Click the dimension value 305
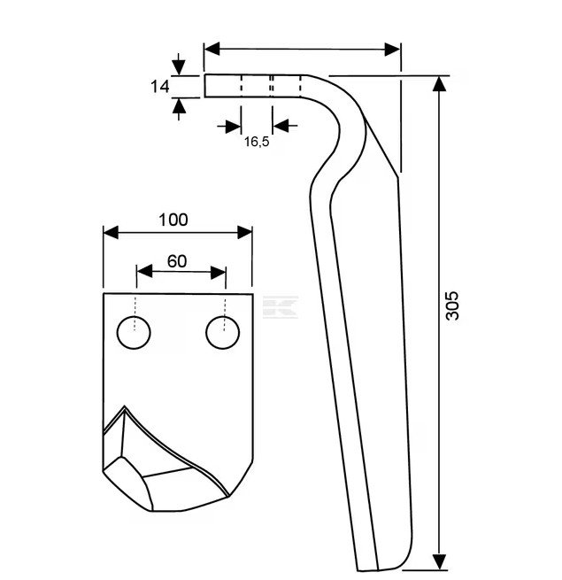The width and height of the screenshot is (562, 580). tap(452, 305)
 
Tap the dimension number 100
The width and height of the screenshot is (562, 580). tap(173, 220)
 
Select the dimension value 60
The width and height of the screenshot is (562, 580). tap(177, 261)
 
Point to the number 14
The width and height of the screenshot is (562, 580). tap(159, 87)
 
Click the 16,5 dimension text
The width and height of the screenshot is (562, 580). tap(257, 142)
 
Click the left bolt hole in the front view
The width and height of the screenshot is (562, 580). tap(135, 333)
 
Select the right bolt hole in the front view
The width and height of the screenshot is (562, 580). tap(222, 333)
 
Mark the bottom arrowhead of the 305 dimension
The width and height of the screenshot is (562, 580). tap(439, 562)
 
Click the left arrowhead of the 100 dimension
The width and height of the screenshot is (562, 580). tap(111, 232)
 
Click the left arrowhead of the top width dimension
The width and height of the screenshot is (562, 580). tap(211, 50)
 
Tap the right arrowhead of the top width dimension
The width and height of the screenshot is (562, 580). tap(394, 50)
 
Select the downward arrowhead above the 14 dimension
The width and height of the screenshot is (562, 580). tap(180, 67)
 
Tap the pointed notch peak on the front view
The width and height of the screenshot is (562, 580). tap(125, 408)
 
